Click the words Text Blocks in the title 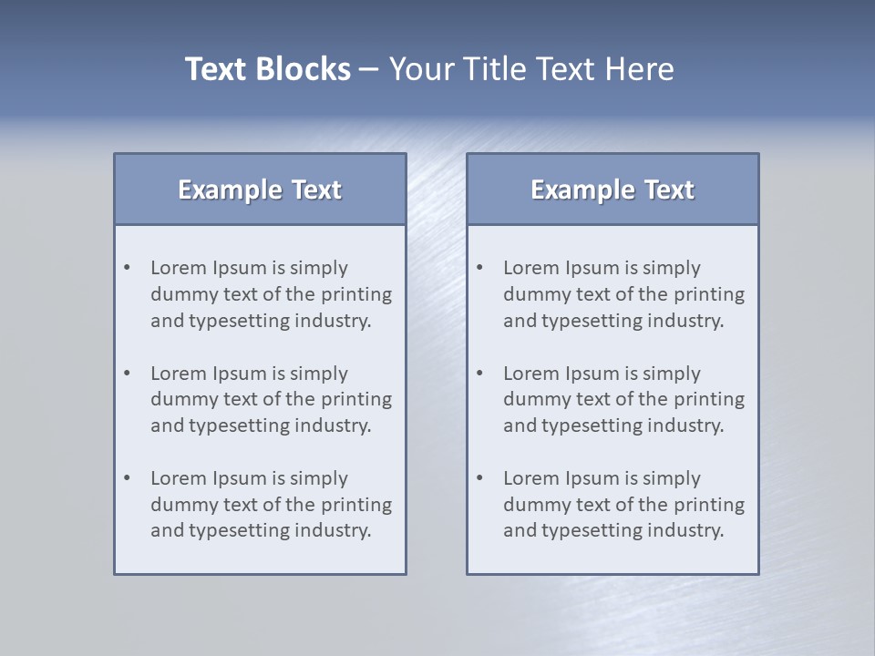point(267,69)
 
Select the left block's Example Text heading point(260,190)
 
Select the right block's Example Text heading point(612,190)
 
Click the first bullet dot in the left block point(128,268)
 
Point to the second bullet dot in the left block point(128,374)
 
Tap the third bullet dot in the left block point(128,478)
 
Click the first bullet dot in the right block point(480,268)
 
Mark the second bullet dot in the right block point(480,374)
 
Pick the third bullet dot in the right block point(480,478)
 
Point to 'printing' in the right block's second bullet point(709,399)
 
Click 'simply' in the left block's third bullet point(320,479)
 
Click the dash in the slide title point(369,70)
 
